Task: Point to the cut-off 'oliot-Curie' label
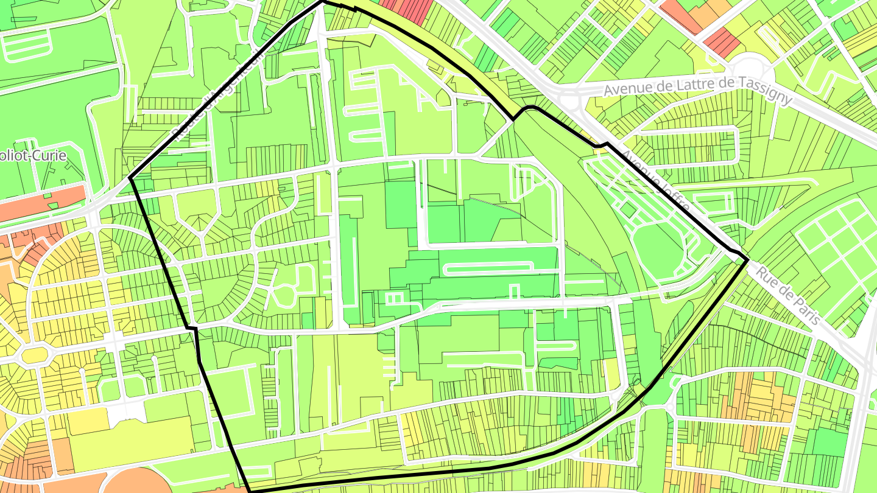[x=33, y=155]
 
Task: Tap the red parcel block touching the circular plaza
[x=722, y=41]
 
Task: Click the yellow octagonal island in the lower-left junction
[x=35, y=353]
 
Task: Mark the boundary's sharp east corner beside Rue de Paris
[x=747, y=260]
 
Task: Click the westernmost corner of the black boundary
[x=130, y=178]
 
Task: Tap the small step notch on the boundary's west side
[x=192, y=329]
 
